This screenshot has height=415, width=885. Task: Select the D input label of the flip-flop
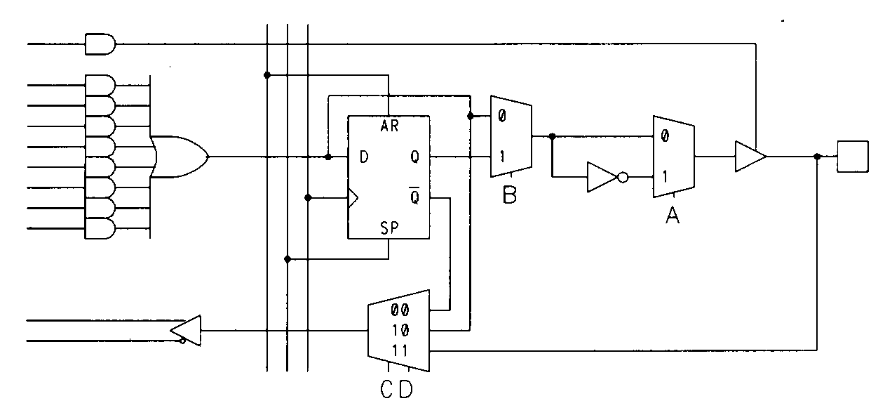click(364, 157)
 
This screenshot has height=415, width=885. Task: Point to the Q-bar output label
click(414, 197)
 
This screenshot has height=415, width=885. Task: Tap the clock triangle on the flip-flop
click(353, 198)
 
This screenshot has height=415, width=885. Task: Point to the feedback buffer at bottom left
click(187, 330)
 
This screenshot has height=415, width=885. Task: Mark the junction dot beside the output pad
click(817, 157)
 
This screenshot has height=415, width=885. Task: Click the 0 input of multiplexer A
click(664, 137)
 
